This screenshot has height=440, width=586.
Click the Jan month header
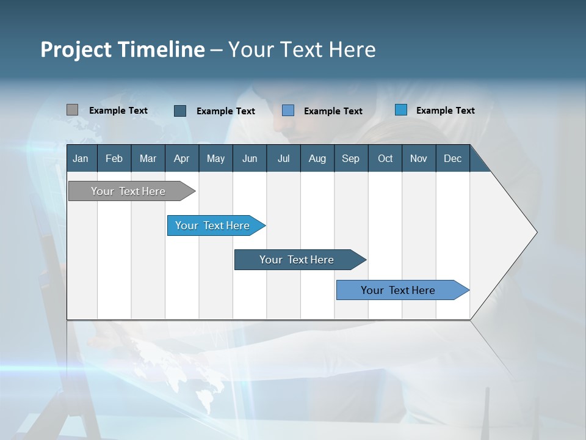pyautogui.click(x=81, y=158)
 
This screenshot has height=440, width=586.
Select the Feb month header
pyautogui.click(x=114, y=158)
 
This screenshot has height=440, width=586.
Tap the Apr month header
pyautogui.click(x=181, y=158)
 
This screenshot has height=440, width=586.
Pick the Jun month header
pyautogui.click(x=250, y=158)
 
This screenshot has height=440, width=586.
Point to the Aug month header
pyautogui.click(x=317, y=158)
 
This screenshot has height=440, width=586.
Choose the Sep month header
pyautogui.click(x=350, y=158)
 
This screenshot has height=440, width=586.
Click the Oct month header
pyautogui.click(x=385, y=158)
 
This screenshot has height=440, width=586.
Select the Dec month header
pyautogui.click(x=452, y=158)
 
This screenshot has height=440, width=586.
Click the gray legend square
pyautogui.click(x=72, y=110)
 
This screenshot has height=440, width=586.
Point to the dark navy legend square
pyautogui.click(x=180, y=111)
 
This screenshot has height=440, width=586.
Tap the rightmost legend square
pyautogui.click(x=401, y=110)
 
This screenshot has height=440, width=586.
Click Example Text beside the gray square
pyautogui.click(x=118, y=111)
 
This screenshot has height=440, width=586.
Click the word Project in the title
pyautogui.click(x=76, y=50)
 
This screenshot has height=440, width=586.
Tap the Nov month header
pyautogui.click(x=418, y=158)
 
